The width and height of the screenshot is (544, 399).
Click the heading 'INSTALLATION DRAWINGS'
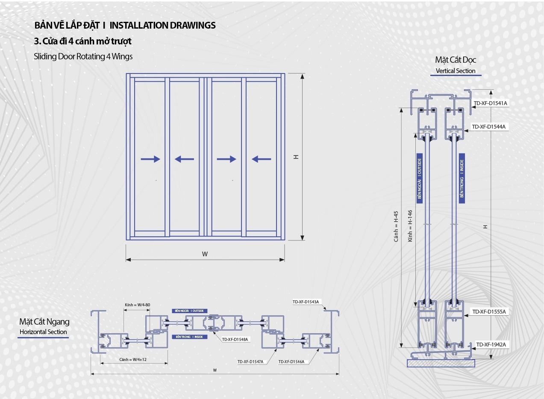point(162,25)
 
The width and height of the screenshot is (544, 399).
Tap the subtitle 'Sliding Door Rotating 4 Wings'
point(83,56)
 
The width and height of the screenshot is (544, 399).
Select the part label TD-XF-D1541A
point(490,103)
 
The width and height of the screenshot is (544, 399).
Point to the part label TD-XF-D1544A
point(488,126)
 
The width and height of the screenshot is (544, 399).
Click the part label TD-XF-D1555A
point(489,312)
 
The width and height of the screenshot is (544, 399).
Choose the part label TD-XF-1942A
point(491,344)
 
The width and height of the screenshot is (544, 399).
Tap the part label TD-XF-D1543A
point(306,302)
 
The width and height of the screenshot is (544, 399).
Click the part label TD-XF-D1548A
point(235,340)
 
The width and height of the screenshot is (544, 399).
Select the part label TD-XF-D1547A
point(250,362)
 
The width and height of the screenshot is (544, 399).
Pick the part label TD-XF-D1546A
point(291,362)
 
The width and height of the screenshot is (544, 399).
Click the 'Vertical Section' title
point(456,71)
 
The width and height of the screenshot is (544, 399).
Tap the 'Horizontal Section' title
point(43,332)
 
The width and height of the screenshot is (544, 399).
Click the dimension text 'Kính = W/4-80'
point(137,305)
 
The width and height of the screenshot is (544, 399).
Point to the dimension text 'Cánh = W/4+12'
point(133,360)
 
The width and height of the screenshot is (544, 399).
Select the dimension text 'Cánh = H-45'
point(396,226)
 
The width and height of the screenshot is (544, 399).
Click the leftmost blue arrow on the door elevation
point(150,159)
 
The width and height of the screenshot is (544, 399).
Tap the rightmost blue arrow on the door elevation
point(261,159)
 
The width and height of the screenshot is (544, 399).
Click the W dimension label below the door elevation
point(205,254)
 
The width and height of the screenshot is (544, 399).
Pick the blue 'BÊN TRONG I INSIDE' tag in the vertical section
point(462,179)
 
